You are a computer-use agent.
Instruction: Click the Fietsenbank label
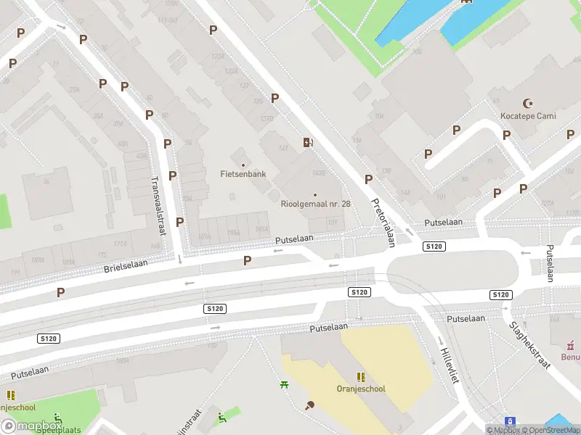[243, 174]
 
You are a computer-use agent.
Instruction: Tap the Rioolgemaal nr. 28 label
[315, 204]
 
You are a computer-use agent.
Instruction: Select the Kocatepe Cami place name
[528, 116]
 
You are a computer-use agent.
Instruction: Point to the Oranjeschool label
[361, 389]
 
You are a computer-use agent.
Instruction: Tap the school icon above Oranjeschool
[361, 377]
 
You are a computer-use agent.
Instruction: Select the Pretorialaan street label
[382, 223]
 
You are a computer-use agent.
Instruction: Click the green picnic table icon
[284, 384]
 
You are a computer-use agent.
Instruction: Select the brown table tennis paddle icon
[310, 405]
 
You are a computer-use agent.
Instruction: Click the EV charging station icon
[308, 142]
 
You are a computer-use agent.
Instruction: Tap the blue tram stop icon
[511, 421]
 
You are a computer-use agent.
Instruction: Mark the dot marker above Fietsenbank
[243, 164]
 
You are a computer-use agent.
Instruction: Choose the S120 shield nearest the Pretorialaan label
[433, 247]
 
